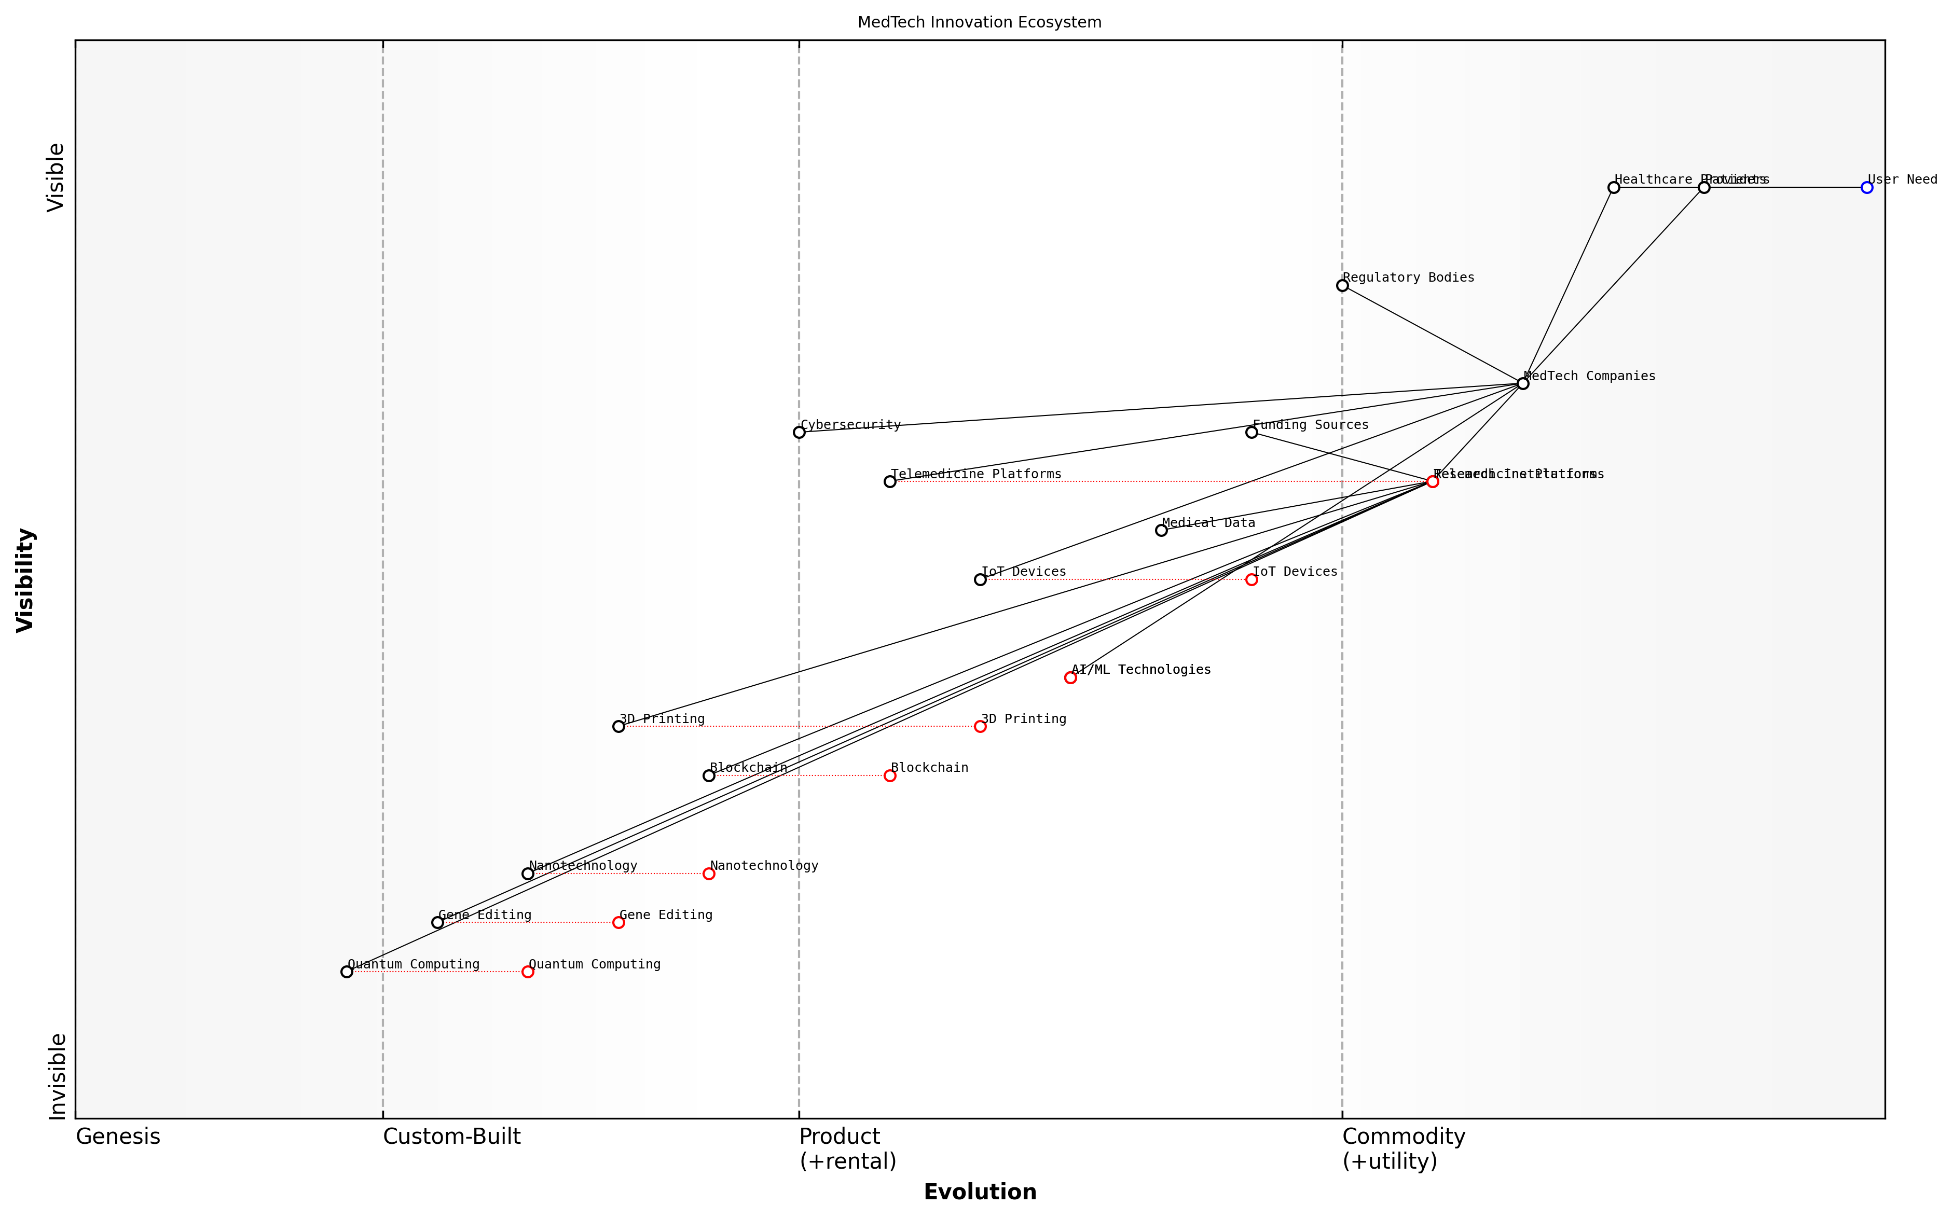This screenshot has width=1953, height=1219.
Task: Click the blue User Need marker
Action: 1867,187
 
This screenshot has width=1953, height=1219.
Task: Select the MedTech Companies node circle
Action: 1522,383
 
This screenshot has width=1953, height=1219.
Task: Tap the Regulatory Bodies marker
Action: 1342,285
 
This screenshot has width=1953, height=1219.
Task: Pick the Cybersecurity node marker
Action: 799,432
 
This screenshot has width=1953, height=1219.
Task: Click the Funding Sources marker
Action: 1251,432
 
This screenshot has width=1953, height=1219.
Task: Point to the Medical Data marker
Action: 1161,530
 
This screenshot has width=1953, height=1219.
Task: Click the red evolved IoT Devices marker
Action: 1251,579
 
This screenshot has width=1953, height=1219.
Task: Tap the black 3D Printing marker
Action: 618,726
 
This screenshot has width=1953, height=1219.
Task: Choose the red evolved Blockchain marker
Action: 889,775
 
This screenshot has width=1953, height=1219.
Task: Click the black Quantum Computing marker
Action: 347,972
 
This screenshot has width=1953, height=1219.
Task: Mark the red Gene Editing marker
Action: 618,922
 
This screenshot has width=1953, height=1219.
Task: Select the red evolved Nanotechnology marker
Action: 709,873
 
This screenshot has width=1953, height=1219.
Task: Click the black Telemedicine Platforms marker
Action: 889,481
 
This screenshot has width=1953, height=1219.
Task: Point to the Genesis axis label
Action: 118,1137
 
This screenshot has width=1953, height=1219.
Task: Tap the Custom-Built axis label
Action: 451,1137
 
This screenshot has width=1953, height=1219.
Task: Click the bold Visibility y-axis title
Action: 26,579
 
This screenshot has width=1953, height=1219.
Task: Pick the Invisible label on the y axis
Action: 57,1076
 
